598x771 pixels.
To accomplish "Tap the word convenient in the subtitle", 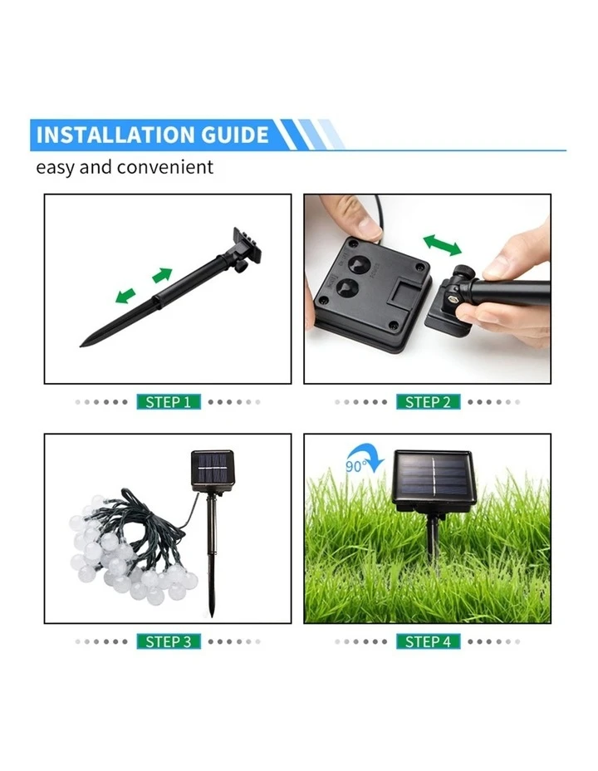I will coord(164,167).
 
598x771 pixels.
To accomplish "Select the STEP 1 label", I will coord(169,401).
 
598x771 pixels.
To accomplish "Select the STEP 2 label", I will coord(428,401).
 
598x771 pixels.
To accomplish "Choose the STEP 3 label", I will coord(169,641).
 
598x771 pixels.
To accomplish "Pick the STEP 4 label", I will coord(428,641).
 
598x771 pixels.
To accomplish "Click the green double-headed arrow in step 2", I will coord(443,244).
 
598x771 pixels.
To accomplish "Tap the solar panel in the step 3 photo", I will coord(211,470).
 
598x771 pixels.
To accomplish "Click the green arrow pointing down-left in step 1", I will coord(125,295).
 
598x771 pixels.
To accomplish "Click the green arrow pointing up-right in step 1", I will coord(162,275).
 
